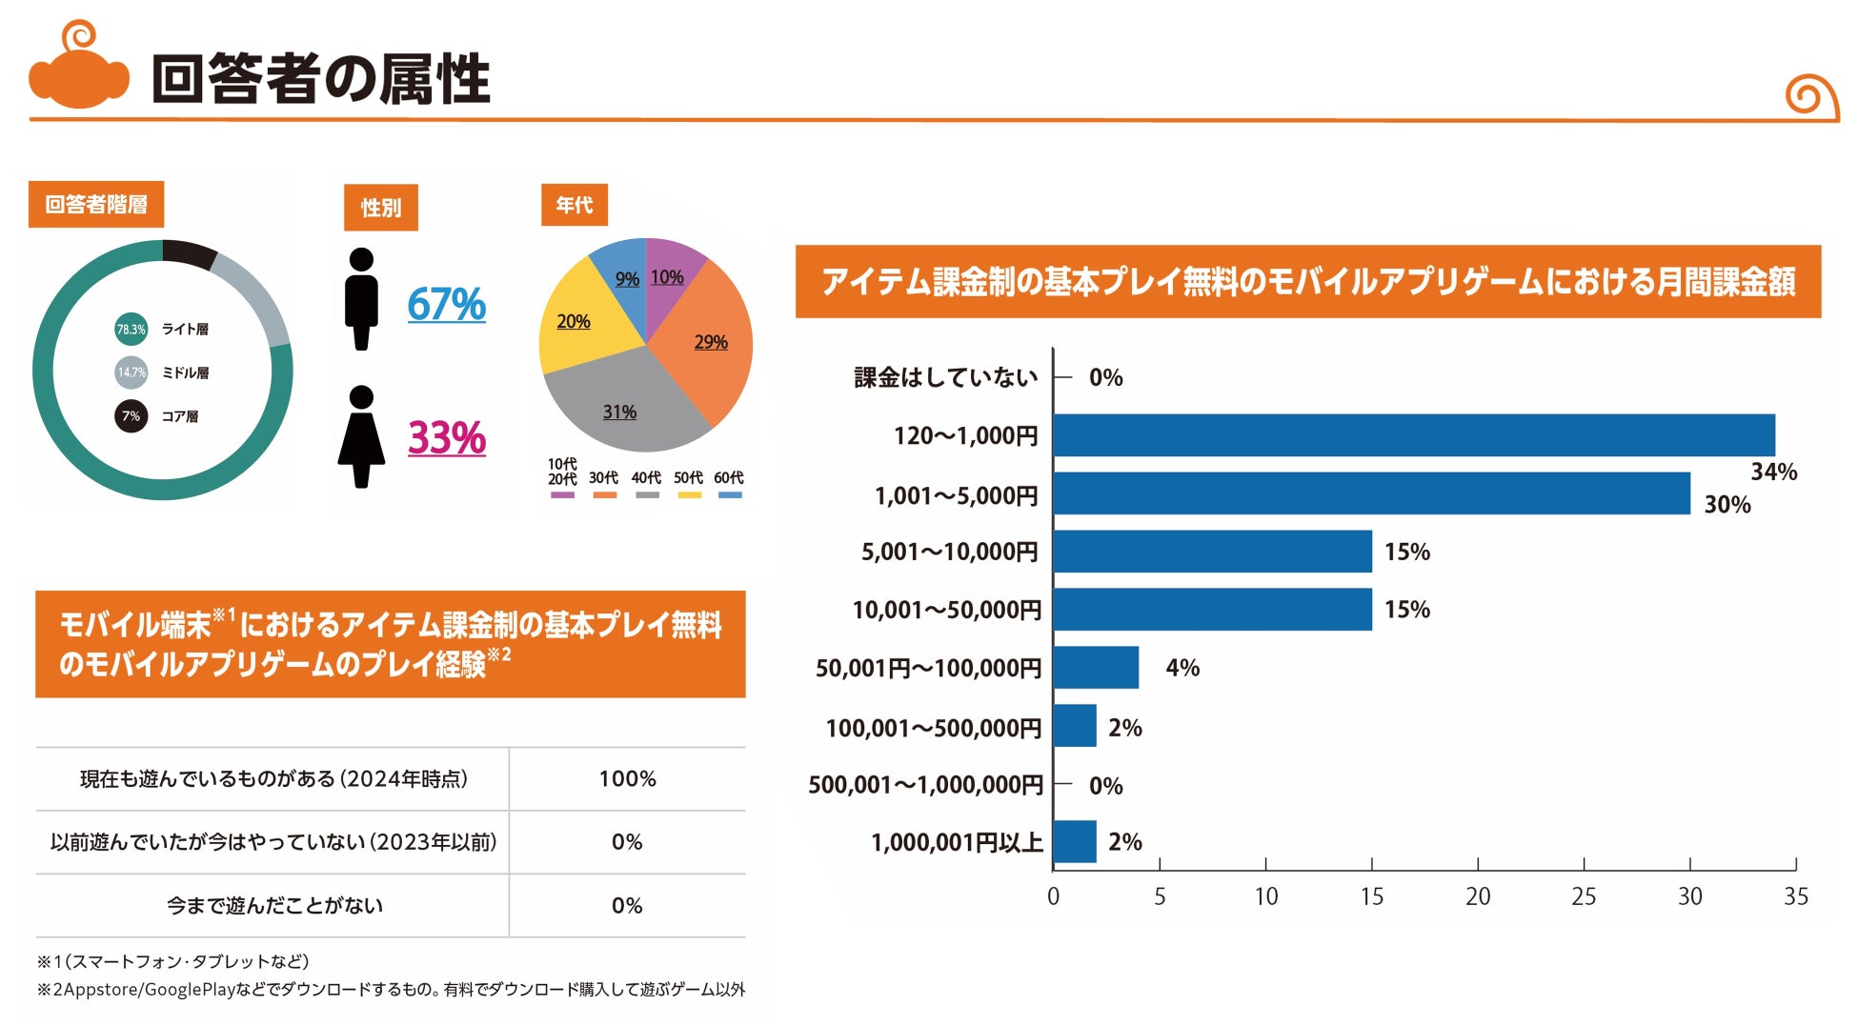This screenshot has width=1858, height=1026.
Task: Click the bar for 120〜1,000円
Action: pyautogui.click(x=1413, y=435)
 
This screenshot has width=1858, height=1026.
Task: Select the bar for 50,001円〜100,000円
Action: pyautogui.click(x=1096, y=668)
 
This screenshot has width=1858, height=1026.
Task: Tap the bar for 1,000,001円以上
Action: pyautogui.click(x=1075, y=842)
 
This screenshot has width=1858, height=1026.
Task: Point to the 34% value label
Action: pyautogui.click(x=1773, y=472)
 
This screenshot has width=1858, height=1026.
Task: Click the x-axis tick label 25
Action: pyautogui.click(x=1584, y=896)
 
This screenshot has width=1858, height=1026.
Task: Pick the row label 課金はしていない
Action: pyautogui.click(x=945, y=377)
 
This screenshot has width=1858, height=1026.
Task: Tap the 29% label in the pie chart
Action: pyautogui.click(x=711, y=342)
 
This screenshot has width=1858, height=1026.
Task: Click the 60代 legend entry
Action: pyautogui.click(x=729, y=483)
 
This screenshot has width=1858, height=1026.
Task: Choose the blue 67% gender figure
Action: pyautogui.click(x=446, y=305)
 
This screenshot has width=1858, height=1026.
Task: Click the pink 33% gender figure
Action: pyautogui.click(x=446, y=438)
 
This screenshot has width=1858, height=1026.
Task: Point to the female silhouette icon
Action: pyautogui.click(x=361, y=437)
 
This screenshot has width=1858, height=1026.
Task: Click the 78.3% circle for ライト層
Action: pyautogui.click(x=131, y=330)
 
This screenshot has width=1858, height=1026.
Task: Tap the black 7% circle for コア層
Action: pyautogui.click(x=131, y=416)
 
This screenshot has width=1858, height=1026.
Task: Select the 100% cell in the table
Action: pyautogui.click(x=627, y=779)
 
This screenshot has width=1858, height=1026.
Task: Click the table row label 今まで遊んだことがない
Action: pyautogui.click(x=274, y=906)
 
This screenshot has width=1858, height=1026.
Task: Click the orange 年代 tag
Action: pyautogui.click(x=574, y=205)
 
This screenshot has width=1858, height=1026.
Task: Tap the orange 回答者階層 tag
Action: pyautogui.click(x=96, y=205)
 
